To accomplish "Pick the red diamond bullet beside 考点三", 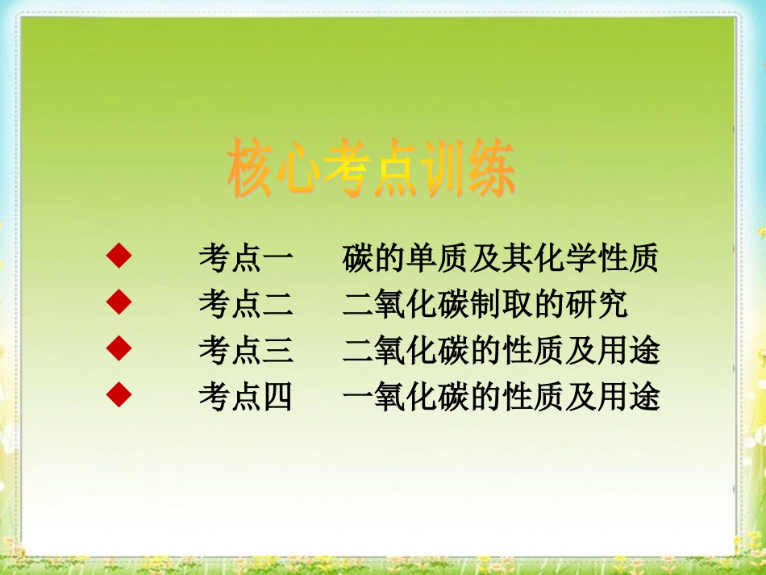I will pyautogui.click(x=119, y=348).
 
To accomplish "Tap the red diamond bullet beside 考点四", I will pyautogui.click(x=119, y=395).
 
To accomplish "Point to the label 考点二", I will pyautogui.click(x=246, y=304).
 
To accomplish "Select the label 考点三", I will pyautogui.click(x=246, y=350).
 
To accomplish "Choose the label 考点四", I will pyautogui.click(x=246, y=397).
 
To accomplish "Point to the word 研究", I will pyautogui.click(x=596, y=304).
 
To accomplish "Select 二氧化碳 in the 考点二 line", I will pyautogui.click(x=405, y=304).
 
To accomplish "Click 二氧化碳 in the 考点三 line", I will pyautogui.click(x=405, y=350).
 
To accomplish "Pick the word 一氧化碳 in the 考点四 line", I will pyautogui.click(x=405, y=397).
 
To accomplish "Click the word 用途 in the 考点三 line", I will pyautogui.click(x=628, y=350).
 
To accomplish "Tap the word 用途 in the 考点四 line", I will pyautogui.click(x=628, y=397).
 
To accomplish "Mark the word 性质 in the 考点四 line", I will pyautogui.click(x=532, y=397).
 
